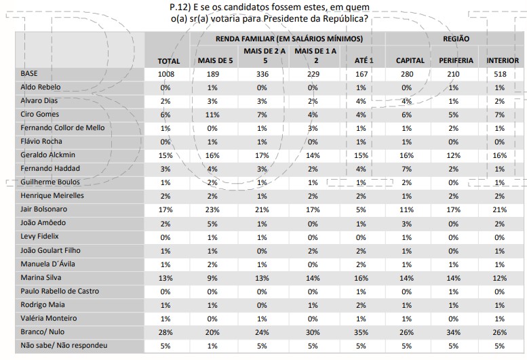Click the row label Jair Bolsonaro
43,209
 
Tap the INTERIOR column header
503,60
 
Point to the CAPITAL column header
410,60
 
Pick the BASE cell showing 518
503,73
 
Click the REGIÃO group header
456,39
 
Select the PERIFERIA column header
456,60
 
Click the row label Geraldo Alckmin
46,154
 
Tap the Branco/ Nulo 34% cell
456,332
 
